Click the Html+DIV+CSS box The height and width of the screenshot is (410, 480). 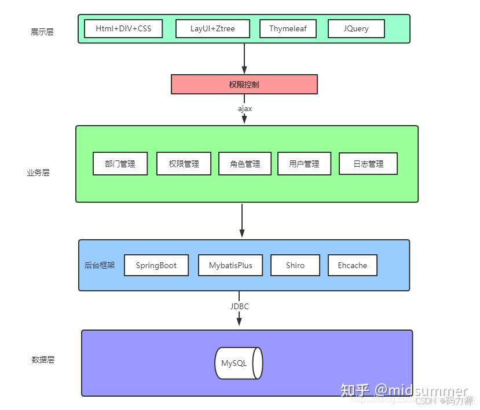point(123,28)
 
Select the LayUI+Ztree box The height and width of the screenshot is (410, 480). point(212,28)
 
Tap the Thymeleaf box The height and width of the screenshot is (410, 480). point(288,28)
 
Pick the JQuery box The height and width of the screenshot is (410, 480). point(356,28)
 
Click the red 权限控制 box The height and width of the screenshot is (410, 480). point(244,84)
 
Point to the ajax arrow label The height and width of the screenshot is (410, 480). point(245,108)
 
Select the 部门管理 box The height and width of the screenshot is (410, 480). point(120,164)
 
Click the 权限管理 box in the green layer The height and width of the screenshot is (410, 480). point(184,164)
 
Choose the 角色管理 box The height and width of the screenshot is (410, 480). point(246,164)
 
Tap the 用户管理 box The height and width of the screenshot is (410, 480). point(304,164)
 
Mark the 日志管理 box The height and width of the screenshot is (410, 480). point(368,164)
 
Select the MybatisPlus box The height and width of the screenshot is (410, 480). point(230,265)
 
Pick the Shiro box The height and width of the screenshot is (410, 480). point(295,265)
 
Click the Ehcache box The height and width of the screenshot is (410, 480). point(352,265)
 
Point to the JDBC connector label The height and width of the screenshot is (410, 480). point(239,306)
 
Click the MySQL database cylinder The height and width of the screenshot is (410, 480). point(239,363)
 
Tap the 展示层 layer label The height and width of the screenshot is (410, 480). point(42,32)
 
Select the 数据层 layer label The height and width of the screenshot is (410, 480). point(43,360)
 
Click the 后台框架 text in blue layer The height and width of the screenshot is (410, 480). point(100,265)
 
